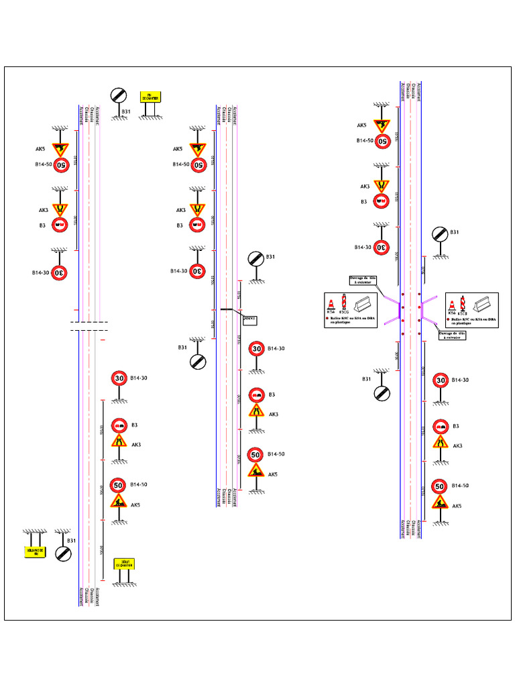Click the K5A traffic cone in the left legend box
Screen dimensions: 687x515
pyautogui.click(x=331, y=304)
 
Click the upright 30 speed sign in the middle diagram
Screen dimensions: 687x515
pyautogui.click(x=256, y=349)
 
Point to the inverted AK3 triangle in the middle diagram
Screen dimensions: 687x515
pyautogui.click(x=197, y=210)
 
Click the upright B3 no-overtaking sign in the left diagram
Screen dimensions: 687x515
pyautogui.click(x=119, y=425)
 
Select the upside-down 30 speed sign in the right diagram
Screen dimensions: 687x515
pyautogui.click(x=382, y=247)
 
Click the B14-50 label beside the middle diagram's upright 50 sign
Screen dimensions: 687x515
pyautogui.click(x=276, y=454)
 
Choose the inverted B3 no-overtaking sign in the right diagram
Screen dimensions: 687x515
pyautogui.click(x=381, y=201)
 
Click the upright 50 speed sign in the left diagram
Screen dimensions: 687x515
pyautogui.click(x=119, y=484)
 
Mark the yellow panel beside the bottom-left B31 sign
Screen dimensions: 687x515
pyautogui.click(x=34, y=552)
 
